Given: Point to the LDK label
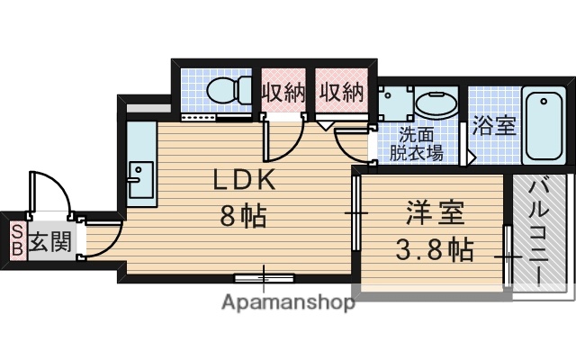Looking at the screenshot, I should click(x=244, y=179).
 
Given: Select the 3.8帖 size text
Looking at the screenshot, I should click(x=436, y=249).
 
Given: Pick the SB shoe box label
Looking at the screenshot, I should click(x=16, y=241).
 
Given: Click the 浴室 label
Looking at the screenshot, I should click(x=494, y=125).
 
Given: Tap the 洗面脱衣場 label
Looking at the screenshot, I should click(x=416, y=145).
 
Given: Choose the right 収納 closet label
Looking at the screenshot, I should click(x=339, y=92).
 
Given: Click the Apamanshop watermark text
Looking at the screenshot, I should click(x=287, y=302).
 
